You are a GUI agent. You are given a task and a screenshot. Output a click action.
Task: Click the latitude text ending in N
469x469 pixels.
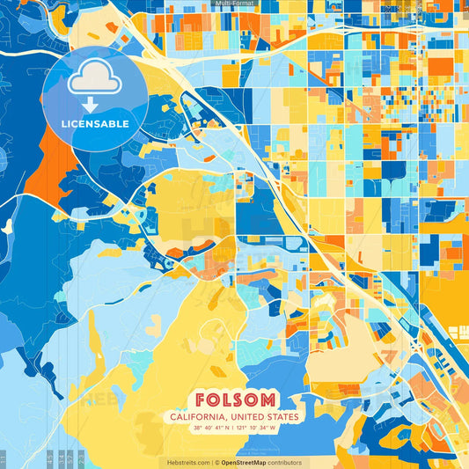pos(207,429)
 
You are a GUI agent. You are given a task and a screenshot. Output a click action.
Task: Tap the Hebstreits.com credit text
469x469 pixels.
pos(187,462)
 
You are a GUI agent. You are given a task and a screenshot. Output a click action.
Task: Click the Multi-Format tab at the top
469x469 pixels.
pos(234,4)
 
